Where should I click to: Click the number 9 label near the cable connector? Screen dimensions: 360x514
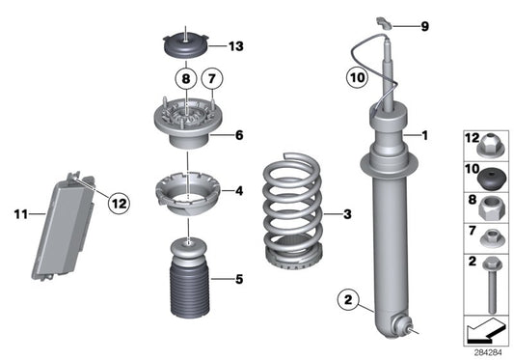click(422, 26)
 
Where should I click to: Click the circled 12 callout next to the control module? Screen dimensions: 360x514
click(118, 203)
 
